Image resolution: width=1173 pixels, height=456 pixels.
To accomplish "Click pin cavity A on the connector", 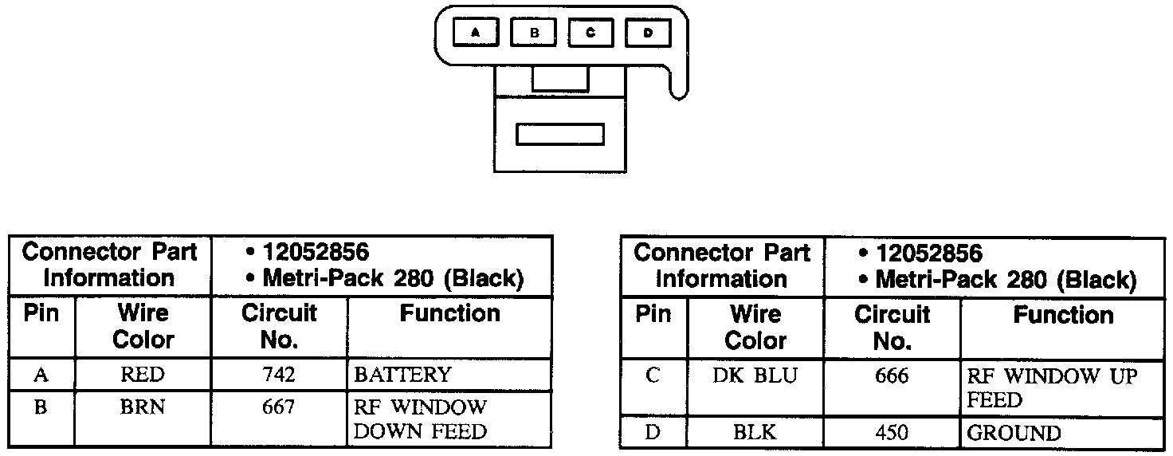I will point(476,33).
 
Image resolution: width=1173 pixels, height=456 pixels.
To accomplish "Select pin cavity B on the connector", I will point(534,33).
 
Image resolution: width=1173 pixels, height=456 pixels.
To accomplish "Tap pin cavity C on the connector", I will point(590,33).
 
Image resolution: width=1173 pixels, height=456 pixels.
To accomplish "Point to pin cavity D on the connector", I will point(648,33).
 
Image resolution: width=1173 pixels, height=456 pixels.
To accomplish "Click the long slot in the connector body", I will point(559,134).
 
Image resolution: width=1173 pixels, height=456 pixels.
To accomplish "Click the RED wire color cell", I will point(143,375).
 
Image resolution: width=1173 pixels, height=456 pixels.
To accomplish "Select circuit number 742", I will point(278,375).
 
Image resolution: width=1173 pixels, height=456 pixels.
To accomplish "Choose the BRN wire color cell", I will point(143,407).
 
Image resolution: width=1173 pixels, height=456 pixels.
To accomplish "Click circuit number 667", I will point(278,407).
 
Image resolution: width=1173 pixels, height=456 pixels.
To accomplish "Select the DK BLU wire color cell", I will point(755,376).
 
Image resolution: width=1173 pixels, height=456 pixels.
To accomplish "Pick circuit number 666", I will point(891,376).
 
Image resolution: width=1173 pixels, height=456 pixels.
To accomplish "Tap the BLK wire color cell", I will point(755,433).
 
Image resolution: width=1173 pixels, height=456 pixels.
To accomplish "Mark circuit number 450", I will point(891,433).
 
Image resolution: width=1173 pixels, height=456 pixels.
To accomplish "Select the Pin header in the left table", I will point(41,313).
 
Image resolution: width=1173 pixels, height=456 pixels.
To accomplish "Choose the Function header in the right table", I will point(1063,315).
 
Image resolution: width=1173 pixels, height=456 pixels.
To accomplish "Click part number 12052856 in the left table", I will point(316,253).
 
